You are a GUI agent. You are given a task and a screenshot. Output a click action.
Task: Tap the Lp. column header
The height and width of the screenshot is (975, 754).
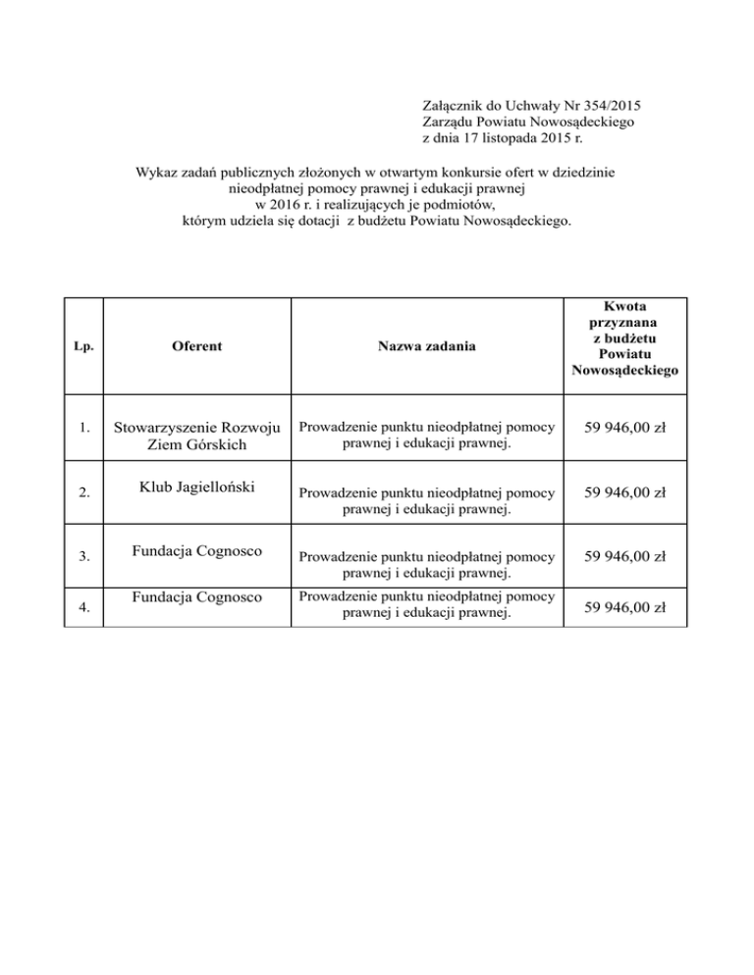pos(83,346)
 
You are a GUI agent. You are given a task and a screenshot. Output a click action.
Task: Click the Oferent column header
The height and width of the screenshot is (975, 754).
pos(195,346)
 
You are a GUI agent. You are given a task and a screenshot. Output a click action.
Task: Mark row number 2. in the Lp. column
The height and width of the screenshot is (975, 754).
pos(84,492)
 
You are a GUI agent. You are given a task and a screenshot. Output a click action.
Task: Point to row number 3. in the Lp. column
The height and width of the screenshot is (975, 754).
pos(84,557)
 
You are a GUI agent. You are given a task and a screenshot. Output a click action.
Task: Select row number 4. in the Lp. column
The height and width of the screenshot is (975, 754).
pos(84,607)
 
